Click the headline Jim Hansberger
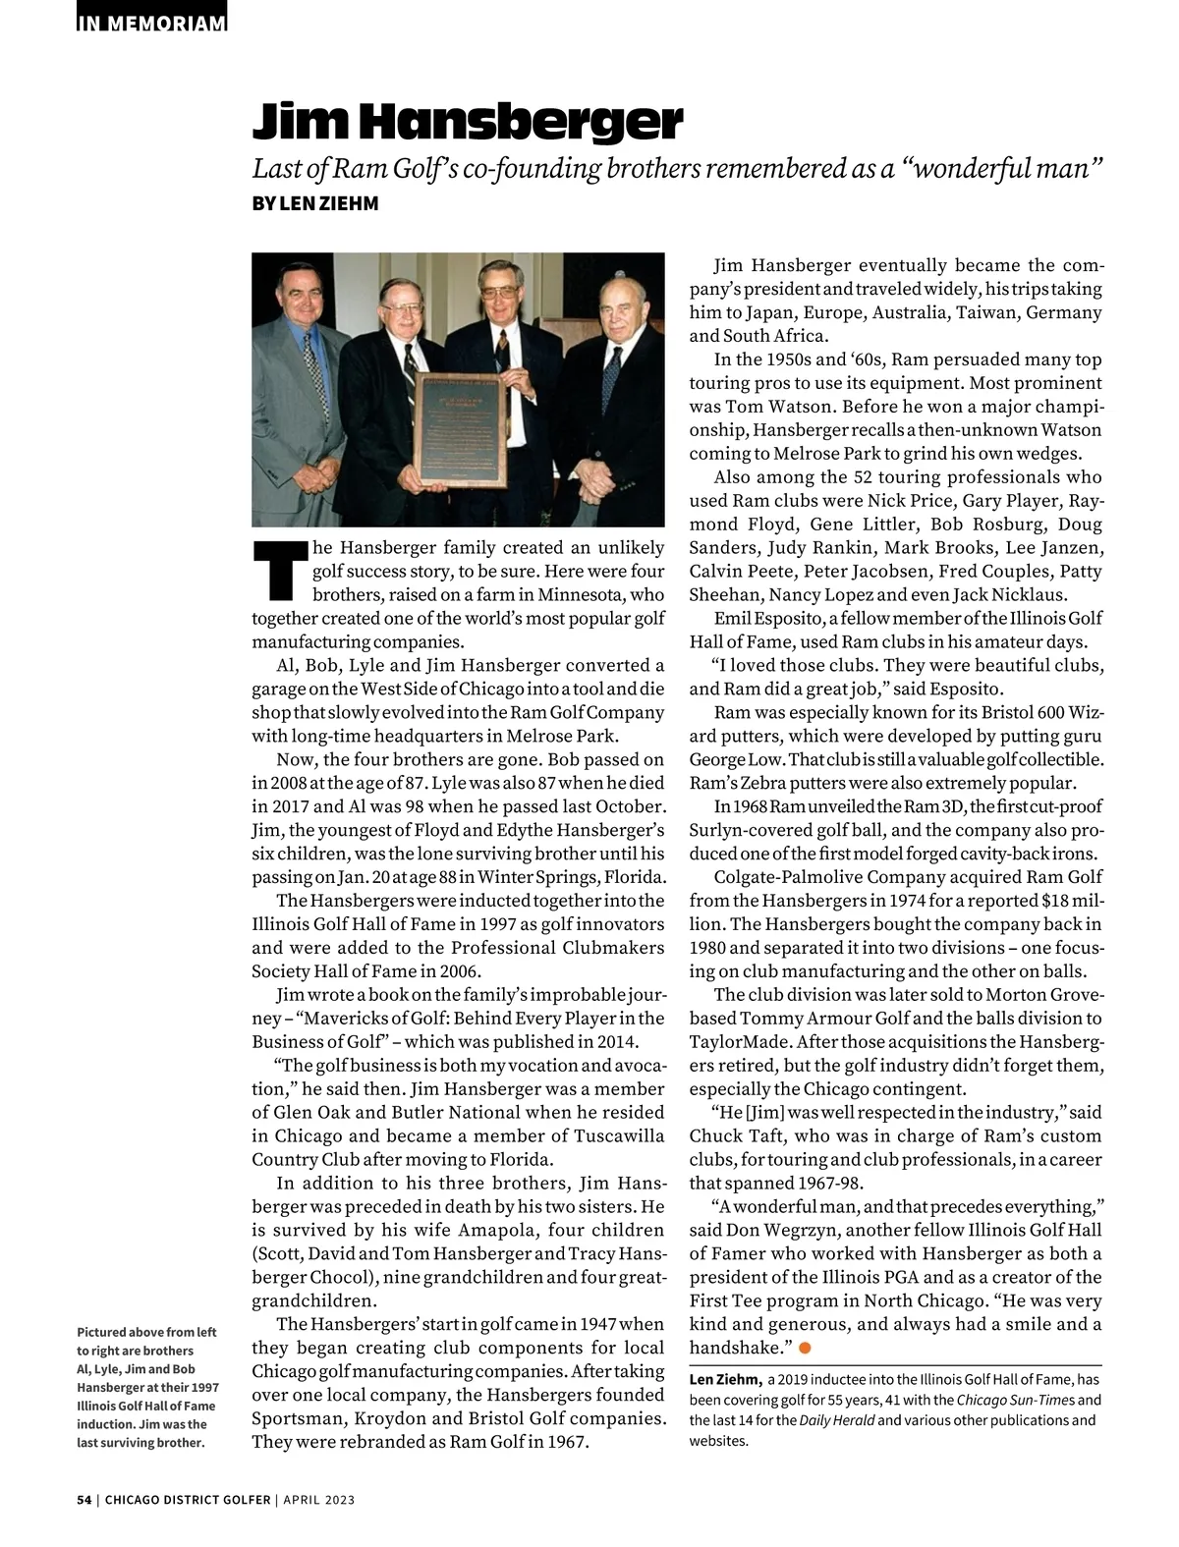(x=468, y=122)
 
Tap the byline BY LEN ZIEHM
(x=314, y=203)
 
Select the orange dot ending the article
(x=804, y=1348)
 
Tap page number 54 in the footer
(x=84, y=1500)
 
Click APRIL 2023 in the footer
(x=319, y=1500)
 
